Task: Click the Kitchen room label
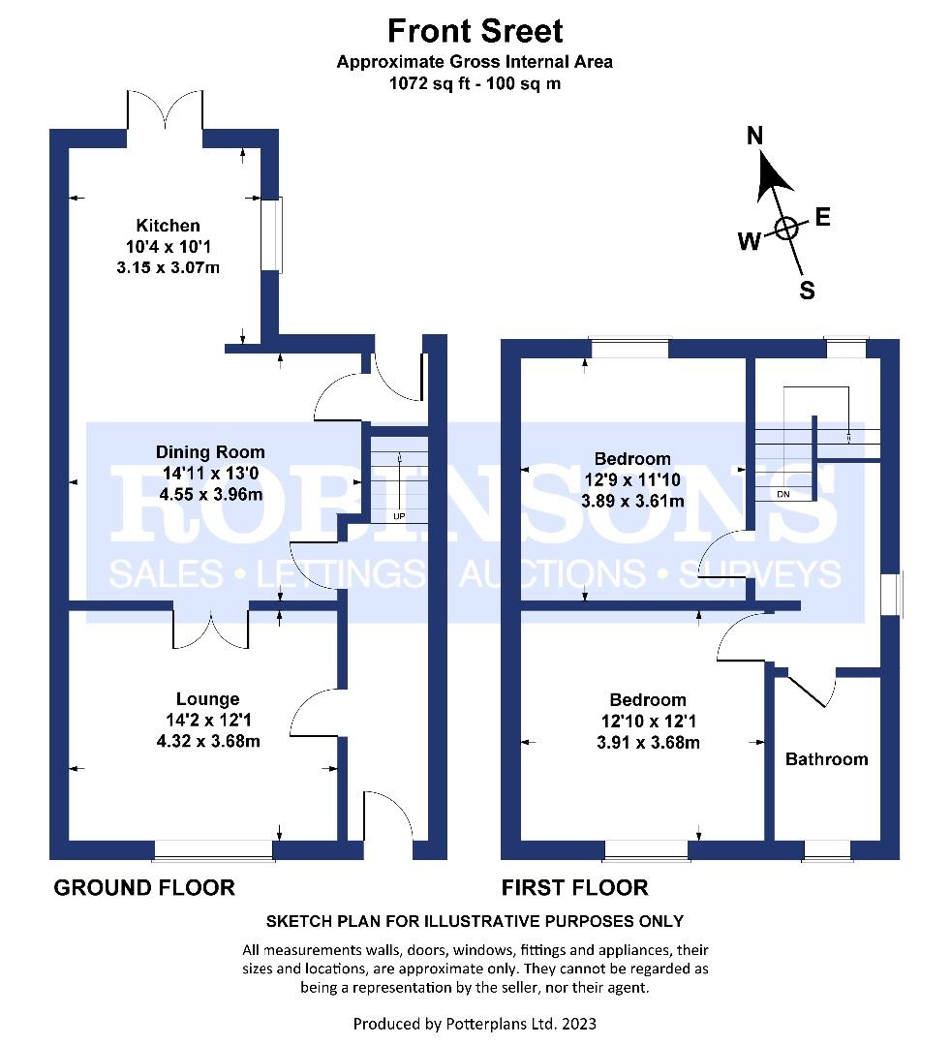[x=168, y=226]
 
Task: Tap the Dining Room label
[x=210, y=452]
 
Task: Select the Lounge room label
[x=207, y=699]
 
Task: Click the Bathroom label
[x=826, y=759]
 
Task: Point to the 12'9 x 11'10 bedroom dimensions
[x=632, y=479]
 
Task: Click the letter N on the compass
[x=755, y=137]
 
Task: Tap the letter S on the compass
[x=806, y=290]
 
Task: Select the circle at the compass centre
[x=785, y=229]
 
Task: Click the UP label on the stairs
[x=398, y=516]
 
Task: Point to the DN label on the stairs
[x=783, y=494]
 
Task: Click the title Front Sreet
[x=475, y=31]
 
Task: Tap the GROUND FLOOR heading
[x=143, y=887]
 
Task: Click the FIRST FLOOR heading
[x=574, y=887]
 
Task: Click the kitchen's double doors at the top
[x=165, y=111]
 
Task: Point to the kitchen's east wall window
[x=271, y=234]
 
